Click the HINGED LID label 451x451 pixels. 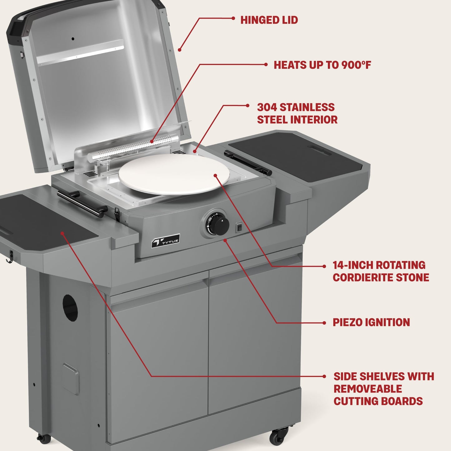point(269,20)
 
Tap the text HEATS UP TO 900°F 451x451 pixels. point(322,65)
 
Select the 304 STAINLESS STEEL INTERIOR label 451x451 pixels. point(297,113)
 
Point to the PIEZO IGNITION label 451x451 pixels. point(371,322)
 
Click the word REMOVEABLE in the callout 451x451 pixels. point(368,389)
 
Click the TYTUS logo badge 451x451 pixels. point(165,241)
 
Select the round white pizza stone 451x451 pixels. point(174,174)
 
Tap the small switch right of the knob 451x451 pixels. point(239,228)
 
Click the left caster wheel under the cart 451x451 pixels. point(44,439)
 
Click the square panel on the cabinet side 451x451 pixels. point(70,379)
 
